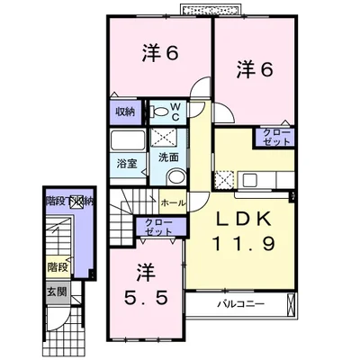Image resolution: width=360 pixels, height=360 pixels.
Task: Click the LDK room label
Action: pyautogui.click(x=244, y=219)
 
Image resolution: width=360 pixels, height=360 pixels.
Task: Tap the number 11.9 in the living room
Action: pyautogui.click(x=244, y=243)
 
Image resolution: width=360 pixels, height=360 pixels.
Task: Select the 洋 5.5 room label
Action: pyautogui.click(x=146, y=285)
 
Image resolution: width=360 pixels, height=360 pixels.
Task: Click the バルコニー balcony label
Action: pyautogui.click(x=241, y=304)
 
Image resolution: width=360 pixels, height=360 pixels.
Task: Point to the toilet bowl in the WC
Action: pyautogui.click(x=160, y=112)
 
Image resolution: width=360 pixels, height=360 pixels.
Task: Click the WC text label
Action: pyautogui.click(x=175, y=112)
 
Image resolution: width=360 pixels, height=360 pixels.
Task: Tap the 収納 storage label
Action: pyautogui.click(x=125, y=112)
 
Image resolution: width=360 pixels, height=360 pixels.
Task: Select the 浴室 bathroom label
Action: pyautogui.click(x=127, y=164)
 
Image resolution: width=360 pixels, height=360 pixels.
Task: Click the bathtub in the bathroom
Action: pyautogui.click(x=128, y=140)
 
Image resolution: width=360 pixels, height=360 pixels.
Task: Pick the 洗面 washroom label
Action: pyautogui.click(x=168, y=157)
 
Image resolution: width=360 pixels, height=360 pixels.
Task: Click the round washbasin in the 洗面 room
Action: pyautogui.click(x=176, y=176)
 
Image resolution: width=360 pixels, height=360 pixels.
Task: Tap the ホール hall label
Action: pyautogui.click(x=173, y=203)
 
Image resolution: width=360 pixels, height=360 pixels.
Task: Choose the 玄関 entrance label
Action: pyautogui.click(x=57, y=291)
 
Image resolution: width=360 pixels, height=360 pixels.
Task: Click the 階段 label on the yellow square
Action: pyautogui.click(x=57, y=266)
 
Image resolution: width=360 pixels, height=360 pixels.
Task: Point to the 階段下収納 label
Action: pyautogui.click(x=69, y=201)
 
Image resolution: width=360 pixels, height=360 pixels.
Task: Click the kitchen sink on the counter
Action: pyautogui.click(x=249, y=180)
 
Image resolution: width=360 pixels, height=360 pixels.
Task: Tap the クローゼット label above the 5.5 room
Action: pyautogui.click(x=158, y=227)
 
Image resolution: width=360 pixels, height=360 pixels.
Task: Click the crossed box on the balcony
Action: pyautogui.click(x=291, y=304)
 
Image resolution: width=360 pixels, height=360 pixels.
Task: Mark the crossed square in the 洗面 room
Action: pyautogui.click(x=163, y=137)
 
